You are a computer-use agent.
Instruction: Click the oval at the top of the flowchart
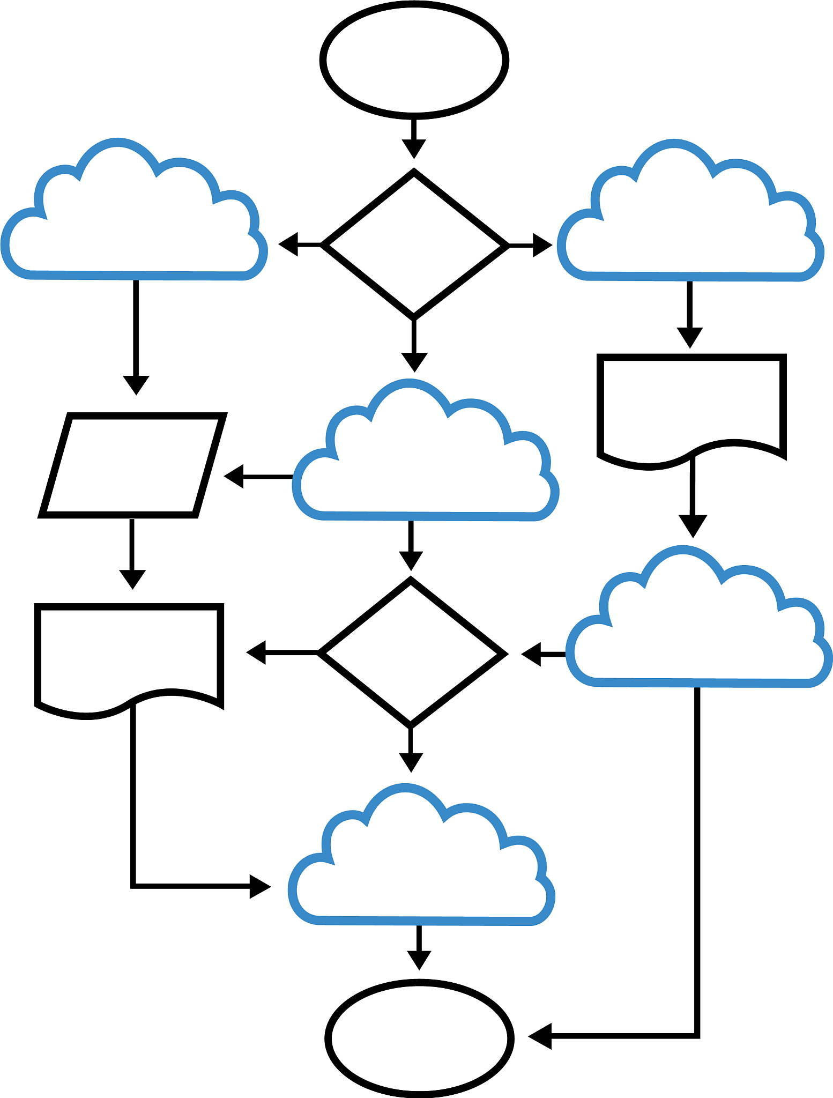point(414,60)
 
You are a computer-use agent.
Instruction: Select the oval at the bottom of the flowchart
point(419,1038)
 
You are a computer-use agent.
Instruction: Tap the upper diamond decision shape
point(414,244)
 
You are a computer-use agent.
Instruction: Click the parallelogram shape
point(133,465)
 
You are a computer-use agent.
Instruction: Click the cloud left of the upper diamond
point(134,225)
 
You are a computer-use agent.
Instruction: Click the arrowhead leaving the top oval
point(414,148)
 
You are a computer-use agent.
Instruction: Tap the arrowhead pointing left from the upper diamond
point(289,244)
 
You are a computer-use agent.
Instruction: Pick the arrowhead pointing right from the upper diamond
point(541,246)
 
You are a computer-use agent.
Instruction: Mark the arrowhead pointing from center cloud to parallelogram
point(234,476)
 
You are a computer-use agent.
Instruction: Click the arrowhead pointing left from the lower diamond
point(257,652)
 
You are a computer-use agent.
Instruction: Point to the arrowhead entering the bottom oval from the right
point(540,1036)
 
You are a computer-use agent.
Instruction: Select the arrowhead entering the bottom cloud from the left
point(259,887)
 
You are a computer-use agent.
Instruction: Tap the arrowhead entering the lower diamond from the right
point(531,654)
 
